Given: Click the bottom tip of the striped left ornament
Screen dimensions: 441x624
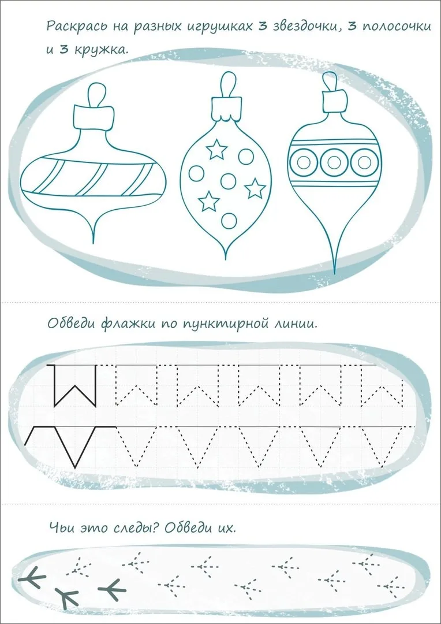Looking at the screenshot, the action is [x=94, y=243].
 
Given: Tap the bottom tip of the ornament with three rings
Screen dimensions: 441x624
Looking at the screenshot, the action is [x=334, y=274].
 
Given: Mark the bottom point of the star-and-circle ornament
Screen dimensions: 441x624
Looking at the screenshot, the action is [x=226, y=259].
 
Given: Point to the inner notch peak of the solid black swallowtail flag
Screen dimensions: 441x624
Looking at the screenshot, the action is [x=75, y=385].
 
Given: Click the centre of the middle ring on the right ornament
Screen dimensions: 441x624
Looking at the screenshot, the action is [x=334, y=162].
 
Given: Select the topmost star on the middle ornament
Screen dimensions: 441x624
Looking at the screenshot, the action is [x=216, y=150].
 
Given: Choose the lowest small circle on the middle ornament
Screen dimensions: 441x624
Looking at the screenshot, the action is [x=229, y=221].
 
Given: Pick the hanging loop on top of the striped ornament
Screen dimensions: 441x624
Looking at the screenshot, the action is [x=98, y=94].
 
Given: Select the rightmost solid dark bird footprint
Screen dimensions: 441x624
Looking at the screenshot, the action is [x=112, y=589].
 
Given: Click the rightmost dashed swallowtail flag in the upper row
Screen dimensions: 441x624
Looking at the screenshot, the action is [x=380, y=385].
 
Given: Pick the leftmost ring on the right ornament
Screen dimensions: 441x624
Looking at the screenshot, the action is [x=304, y=162].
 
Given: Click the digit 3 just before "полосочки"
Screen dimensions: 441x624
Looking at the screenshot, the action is [x=351, y=26].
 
